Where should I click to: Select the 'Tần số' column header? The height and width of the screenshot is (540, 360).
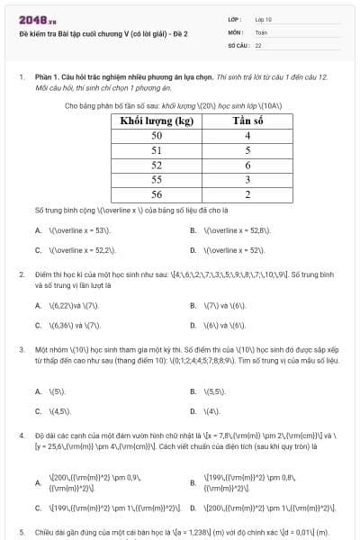(247, 121)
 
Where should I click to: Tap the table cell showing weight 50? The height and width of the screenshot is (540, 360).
(157, 135)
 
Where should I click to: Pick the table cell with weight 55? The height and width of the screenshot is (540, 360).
(157, 179)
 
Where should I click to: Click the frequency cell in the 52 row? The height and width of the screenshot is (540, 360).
(247, 165)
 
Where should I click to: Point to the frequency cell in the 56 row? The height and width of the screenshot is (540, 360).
(247, 193)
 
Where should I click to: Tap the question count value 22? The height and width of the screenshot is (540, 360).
(258, 43)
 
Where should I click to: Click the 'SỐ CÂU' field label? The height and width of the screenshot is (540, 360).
(238, 43)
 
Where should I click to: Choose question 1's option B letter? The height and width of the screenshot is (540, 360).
(193, 230)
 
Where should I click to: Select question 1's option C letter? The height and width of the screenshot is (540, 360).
(38, 250)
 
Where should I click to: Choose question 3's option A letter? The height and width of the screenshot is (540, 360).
(38, 391)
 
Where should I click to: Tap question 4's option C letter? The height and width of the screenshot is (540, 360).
(38, 508)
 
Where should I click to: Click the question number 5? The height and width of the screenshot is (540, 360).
(21, 532)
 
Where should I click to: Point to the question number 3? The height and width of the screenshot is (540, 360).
(21, 348)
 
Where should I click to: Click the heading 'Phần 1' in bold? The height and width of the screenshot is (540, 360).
(46, 78)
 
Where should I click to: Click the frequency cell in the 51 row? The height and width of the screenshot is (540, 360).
(247, 150)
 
